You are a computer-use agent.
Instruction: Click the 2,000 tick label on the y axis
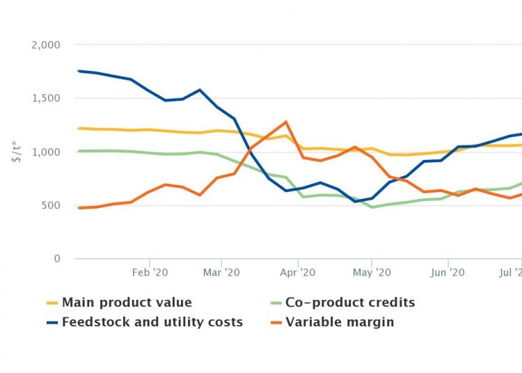(47, 45)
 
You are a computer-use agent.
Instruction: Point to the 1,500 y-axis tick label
(47, 98)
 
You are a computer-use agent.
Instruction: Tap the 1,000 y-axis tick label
(47, 152)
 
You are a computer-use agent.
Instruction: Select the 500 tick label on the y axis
(52, 205)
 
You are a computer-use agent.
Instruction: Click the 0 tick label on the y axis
(58, 259)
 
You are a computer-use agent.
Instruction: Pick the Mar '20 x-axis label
(221, 273)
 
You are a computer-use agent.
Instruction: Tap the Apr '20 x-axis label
(298, 273)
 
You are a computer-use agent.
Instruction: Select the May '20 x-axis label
(372, 273)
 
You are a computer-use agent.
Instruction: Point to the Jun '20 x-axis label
(448, 273)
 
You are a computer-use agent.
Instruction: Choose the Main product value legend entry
(127, 303)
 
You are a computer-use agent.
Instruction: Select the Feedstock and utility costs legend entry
(152, 322)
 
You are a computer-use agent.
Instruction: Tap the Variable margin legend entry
(340, 322)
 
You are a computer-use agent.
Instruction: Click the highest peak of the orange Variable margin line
(286, 122)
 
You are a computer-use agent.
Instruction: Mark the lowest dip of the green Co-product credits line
(372, 207)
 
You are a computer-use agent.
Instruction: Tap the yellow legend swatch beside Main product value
(52, 303)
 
